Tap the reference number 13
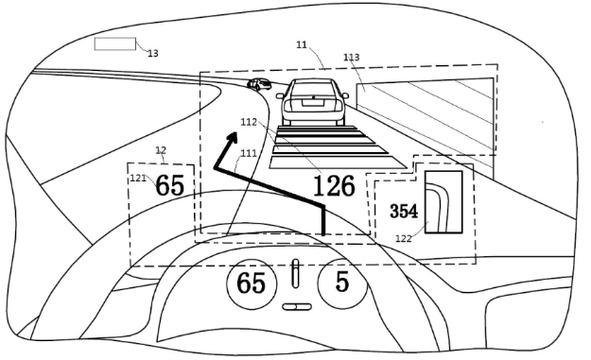[152, 54]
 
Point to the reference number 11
[302, 44]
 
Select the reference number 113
[351, 58]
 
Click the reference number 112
[249, 122]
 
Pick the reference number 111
[249, 153]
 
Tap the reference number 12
[161, 150]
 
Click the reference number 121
[138, 179]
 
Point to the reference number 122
[403, 238]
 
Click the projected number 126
[335, 185]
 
